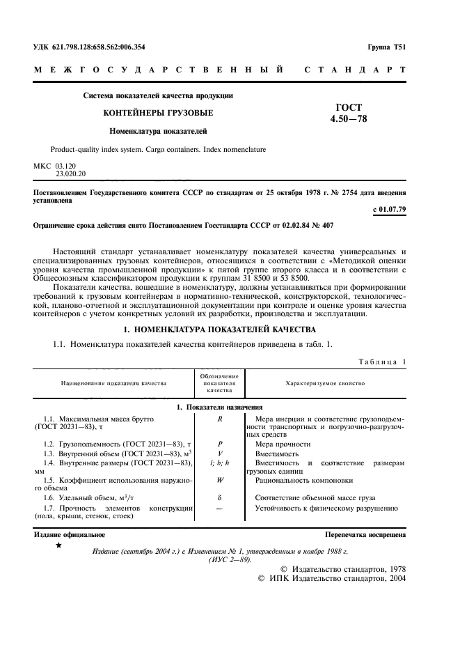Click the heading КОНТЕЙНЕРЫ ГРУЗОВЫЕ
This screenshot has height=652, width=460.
pyautogui.click(x=158, y=112)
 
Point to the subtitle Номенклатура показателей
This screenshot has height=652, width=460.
pyautogui.click(x=157, y=130)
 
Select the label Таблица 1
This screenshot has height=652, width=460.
pyautogui.click(x=381, y=361)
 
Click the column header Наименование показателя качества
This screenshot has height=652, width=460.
pyautogui.click(x=113, y=383)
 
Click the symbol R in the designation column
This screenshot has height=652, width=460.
pyautogui.click(x=219, y=418)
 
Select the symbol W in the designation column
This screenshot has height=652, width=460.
pyautogui.click(x=219, y=480)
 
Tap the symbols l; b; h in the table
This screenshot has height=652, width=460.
pyautogui.click(x=219, y=463)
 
